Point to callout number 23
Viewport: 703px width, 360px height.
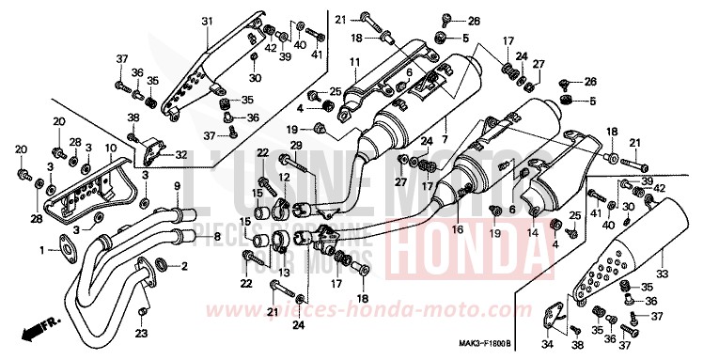141,333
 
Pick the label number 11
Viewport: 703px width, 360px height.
355,62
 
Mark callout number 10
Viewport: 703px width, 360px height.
110,149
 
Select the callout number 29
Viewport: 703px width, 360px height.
294,144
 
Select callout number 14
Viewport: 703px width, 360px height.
532,232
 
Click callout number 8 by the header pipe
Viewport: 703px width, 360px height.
216,237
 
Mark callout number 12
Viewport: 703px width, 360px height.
283,177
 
